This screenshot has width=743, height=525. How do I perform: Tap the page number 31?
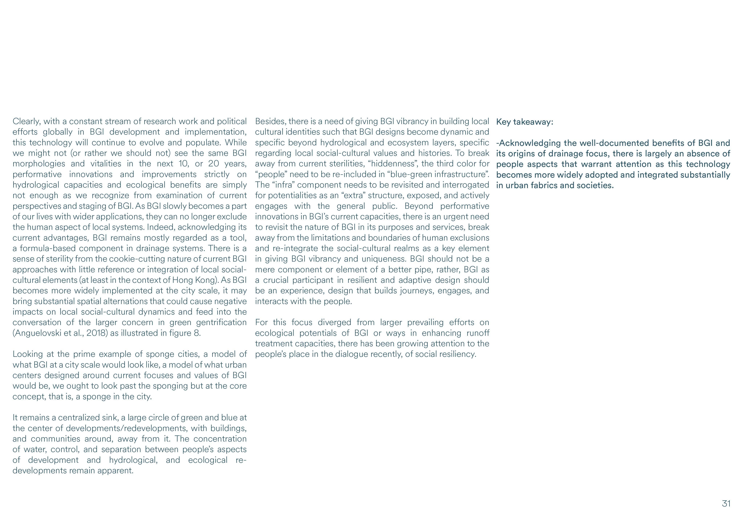726,504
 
